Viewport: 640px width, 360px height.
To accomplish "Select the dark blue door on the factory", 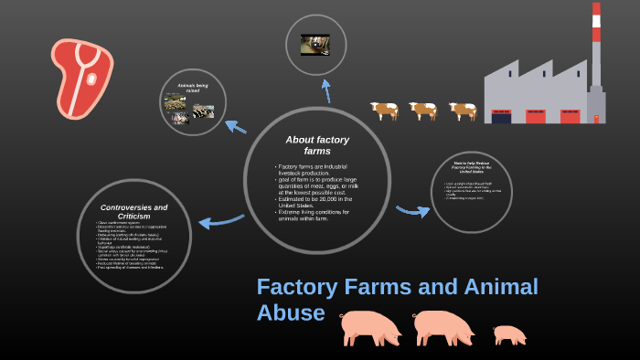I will click(x=501, y=117).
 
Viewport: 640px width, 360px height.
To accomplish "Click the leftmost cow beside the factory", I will click(x=385, y=111).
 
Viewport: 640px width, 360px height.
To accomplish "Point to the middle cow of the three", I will click(x=423, y=111).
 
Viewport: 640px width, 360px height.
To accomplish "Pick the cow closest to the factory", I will click(x=464, y=111).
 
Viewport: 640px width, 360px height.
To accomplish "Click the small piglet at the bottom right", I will click(x=509, y=334).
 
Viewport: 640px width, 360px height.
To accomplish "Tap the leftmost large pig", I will click(x=369, y=326).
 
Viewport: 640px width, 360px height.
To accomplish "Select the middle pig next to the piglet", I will click(x=443, y=326).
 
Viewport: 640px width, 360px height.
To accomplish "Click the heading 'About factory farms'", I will click(x=317, y=144).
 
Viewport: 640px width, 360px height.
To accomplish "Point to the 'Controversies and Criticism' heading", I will click(x=133, y=211).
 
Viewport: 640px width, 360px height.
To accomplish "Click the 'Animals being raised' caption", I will click(x=193, y=88).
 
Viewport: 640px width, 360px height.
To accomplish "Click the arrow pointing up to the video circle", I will click(x=326, y=90).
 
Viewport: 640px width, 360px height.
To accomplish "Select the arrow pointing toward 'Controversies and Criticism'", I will click(x=219, y=220).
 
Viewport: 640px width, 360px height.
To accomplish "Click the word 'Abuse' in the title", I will click(x=291, y=312).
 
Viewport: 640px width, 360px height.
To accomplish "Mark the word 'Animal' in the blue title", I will click(x=501, y=286).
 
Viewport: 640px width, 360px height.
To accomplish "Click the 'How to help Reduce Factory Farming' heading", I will click(x=472, y=167).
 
